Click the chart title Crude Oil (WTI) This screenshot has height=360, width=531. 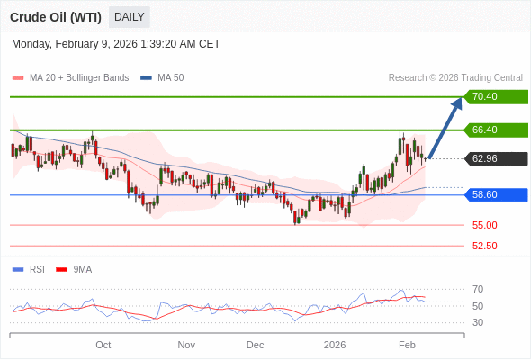pos(55,17)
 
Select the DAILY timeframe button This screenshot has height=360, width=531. pos(130,17)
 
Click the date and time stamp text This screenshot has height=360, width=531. pos(116,44)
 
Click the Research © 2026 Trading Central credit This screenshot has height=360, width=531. pos(455,78)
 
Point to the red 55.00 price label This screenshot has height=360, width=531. pos(484,225)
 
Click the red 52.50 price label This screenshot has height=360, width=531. pos(484,246)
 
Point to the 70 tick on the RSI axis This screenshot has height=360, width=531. pos(478,289)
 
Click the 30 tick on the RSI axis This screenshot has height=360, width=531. pos(478,322)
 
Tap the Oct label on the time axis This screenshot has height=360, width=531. pos(103,345)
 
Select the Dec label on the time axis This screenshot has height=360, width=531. pos(255,345)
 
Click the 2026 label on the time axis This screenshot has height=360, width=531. pos(335,345)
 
